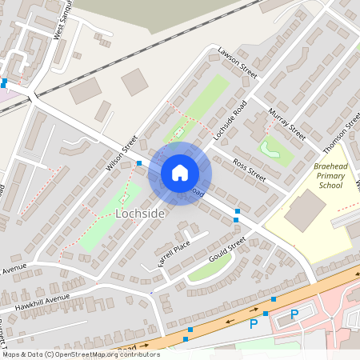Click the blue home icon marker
(179, 173)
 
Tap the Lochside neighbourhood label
(140, 214)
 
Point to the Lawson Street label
(237, 62)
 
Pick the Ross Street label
(248, 169)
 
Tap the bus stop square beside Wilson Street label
(139, 163)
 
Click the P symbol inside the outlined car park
(294, 314)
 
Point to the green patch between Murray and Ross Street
(274, 149)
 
